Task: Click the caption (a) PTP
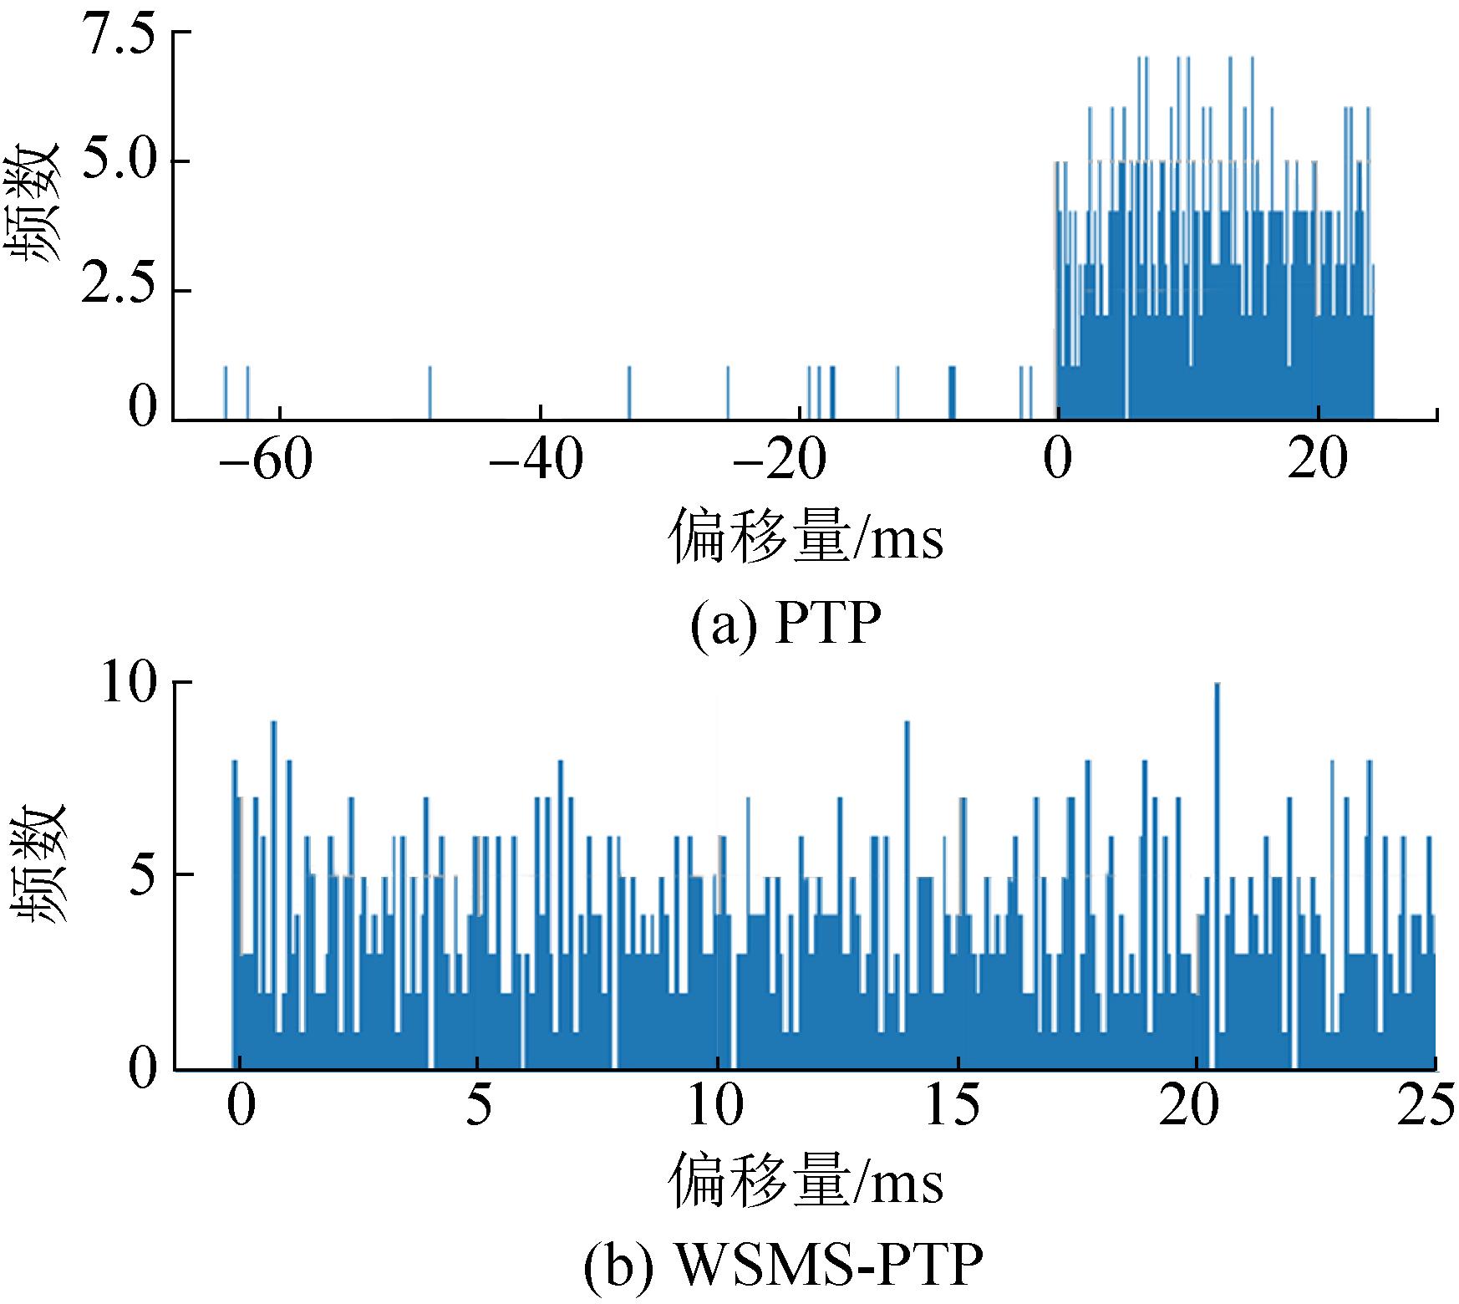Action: pos(785,623)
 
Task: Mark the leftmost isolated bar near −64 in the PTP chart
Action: pos(226,393)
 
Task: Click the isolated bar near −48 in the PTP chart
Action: pos(430,393)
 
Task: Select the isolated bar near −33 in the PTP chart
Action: pos(629,393)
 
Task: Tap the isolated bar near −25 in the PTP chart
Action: pos(728,393)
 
